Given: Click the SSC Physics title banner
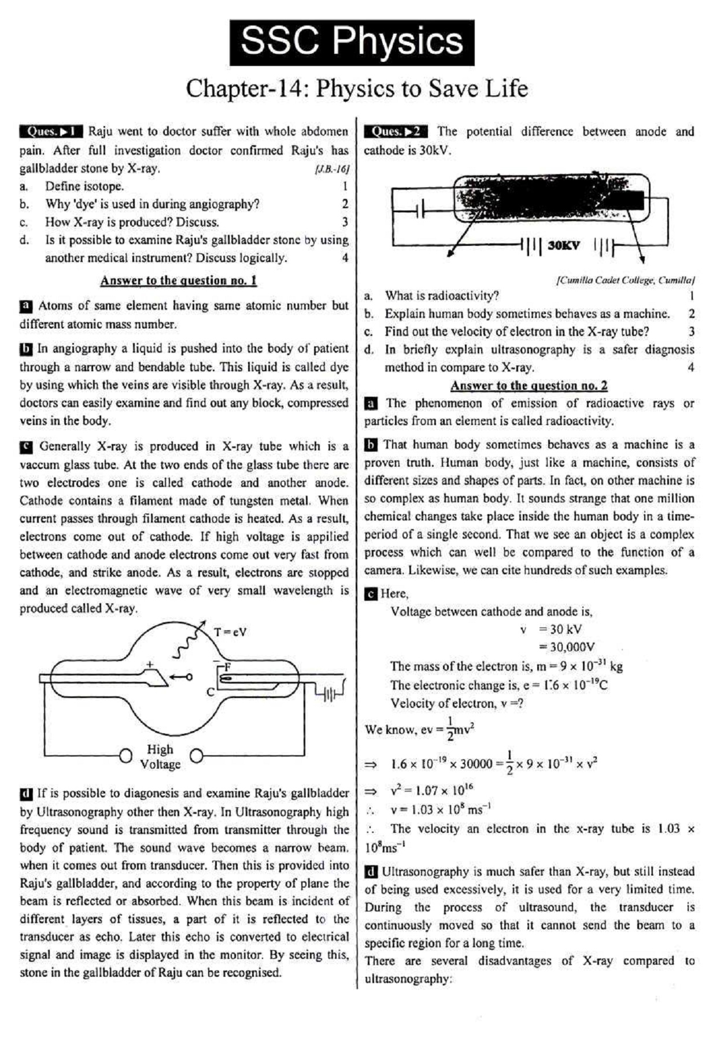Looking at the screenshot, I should click(x=352, y=42).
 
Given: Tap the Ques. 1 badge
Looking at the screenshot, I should click(x=51, y=131).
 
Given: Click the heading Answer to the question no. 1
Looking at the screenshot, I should click(x=178, y=280).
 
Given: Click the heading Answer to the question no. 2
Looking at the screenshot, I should click(x=529, y=386).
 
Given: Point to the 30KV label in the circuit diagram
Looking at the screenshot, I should click(x=563, y=245).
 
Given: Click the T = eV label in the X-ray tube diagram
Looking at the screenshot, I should click(x=230, y=632).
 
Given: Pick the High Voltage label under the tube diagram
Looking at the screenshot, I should click(x=160, y=756).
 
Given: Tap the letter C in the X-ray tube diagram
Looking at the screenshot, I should click(x=210, y=692).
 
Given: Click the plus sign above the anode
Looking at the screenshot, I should click(x=150, y=665).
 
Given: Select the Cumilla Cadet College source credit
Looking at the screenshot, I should click(x=625, y=280).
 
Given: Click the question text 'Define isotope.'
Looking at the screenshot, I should click(x=84, y=186).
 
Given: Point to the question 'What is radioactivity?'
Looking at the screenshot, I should click(x=442, y=296).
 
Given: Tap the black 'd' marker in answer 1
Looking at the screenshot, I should click(x=25, y=793).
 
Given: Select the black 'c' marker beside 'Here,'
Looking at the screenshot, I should click(x=370, y=594).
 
